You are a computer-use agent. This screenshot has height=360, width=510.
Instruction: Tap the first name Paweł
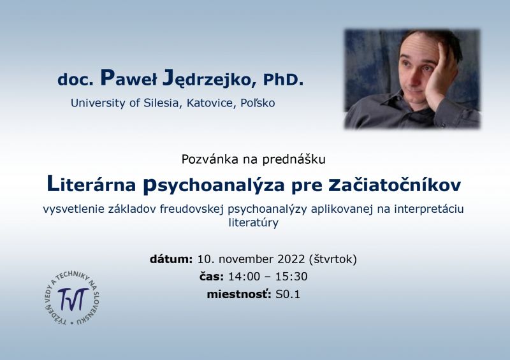(x=129, y=78)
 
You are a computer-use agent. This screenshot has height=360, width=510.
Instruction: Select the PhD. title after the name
(x=283, y=80)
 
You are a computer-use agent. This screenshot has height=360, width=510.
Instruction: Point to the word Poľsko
(x=258, y=103)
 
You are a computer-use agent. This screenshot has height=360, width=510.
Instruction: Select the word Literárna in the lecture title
(x=91, y=184)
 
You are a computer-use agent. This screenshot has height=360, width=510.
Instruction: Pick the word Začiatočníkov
(x=395, y=185)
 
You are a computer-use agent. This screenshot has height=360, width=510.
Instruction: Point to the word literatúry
(x=253, y=223)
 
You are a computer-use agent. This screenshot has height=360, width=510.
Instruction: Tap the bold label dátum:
(x=171, y=259)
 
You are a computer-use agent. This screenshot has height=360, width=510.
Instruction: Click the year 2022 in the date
(x=291, y=259)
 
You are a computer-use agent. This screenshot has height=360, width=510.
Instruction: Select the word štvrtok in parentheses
(x=333, y=259)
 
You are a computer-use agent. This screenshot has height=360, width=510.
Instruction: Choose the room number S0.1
(x=288, y=294)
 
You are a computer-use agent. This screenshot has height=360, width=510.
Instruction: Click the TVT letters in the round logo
(x=73, y=299)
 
